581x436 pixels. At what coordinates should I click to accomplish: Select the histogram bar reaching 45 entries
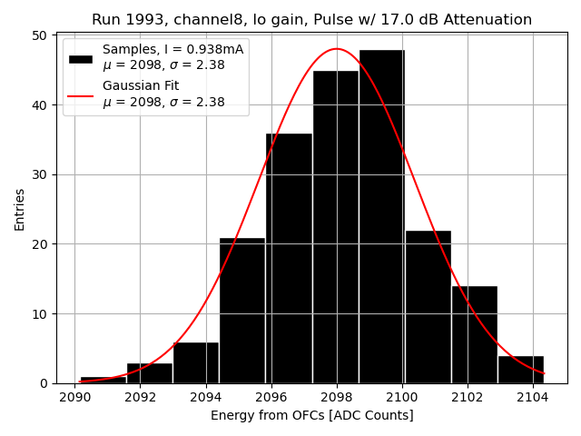click(x=335, y=227)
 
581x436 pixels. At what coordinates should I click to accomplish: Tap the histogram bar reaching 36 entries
click(x=289, y=259)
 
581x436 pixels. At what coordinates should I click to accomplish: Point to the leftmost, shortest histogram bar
click(x=103, y=380)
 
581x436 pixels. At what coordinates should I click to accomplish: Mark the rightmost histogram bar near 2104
click(x=520, y=370)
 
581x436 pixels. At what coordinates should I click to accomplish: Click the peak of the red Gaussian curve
click(x=336, y=49)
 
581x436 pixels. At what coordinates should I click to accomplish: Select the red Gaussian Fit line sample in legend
click(x=81, y=94)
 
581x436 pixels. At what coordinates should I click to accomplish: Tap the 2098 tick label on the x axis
click(x=337, y=397)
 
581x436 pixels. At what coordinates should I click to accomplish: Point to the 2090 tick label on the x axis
click(x=74, y=397)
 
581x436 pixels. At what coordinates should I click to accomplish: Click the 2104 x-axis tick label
click(x=533, y=397)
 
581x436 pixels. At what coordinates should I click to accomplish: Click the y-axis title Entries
click(x=20, y=209)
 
